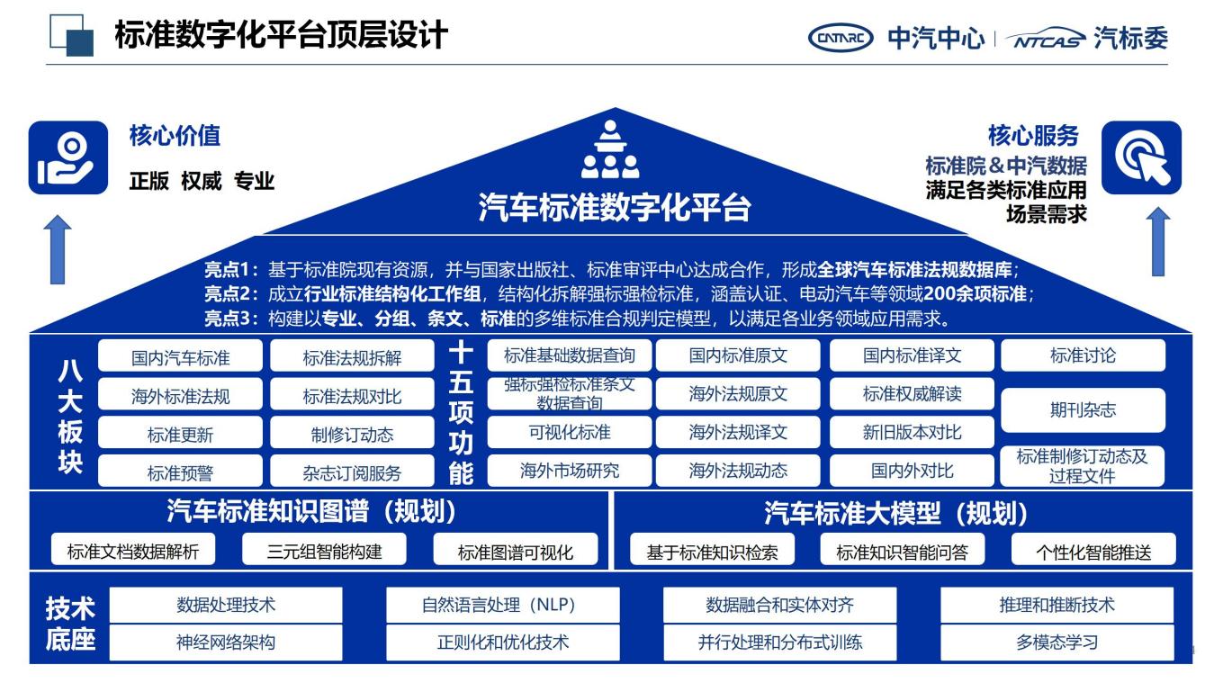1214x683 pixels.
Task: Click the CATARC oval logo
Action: (x=841, y=38)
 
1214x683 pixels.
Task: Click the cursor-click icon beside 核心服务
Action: (x=1141, y=157)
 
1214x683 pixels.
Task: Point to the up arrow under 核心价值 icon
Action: (x=58, y=247)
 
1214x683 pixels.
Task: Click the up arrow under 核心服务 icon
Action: (x=1158, y=241)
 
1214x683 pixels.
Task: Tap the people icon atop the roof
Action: (x=609, y=150)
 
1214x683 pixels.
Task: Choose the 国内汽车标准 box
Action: (x=180, y=357)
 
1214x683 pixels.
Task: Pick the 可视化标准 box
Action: (x=570, y=433)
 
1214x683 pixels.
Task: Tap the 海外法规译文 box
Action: (x=738, y=433)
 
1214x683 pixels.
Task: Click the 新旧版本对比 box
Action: (x=912, y=433)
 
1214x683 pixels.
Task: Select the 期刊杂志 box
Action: (x=1083, y=409)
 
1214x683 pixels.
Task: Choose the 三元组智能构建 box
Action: (x=324, y=551)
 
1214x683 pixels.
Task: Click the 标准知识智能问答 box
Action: (x=902, y=552)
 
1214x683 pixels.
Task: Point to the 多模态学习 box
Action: (x=1057, y=643)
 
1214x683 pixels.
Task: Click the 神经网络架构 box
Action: (x=226, y=643)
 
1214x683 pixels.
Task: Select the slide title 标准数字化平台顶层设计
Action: (x=281, y=36)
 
